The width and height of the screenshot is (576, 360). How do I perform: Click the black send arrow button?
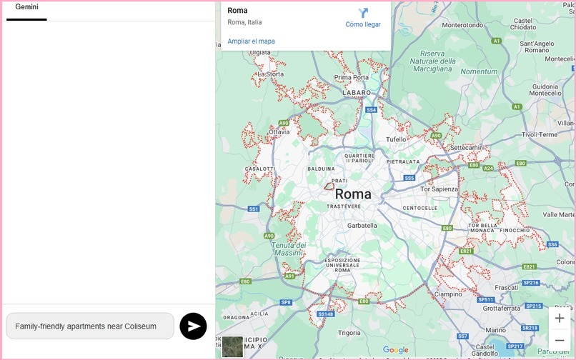pos(193,326)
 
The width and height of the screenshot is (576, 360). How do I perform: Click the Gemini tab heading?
pos(27,7)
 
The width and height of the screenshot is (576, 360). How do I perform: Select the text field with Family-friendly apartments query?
pos(89,326)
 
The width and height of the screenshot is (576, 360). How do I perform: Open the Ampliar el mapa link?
pos(251,41)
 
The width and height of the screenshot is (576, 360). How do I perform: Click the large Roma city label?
pos(353,194)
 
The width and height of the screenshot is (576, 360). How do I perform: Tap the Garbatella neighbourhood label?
pos(362,225)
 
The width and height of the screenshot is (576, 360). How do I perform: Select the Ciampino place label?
pos(448,294)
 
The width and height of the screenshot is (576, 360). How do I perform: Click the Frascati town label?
pos(506,287)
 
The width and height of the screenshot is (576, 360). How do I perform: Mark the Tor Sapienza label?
pos(440,189)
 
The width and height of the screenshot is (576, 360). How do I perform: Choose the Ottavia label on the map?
pos(279,132)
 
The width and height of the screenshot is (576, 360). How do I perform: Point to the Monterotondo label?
pos(463,25)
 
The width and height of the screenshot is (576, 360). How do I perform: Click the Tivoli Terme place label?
pos(539,134)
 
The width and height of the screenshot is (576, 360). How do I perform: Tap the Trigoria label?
pos(349,333)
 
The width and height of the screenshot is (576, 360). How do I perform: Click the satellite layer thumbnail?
pos(232,346)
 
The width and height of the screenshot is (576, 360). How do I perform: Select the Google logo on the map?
pos(395,350)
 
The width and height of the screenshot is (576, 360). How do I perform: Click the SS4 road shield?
pos(370,110)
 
